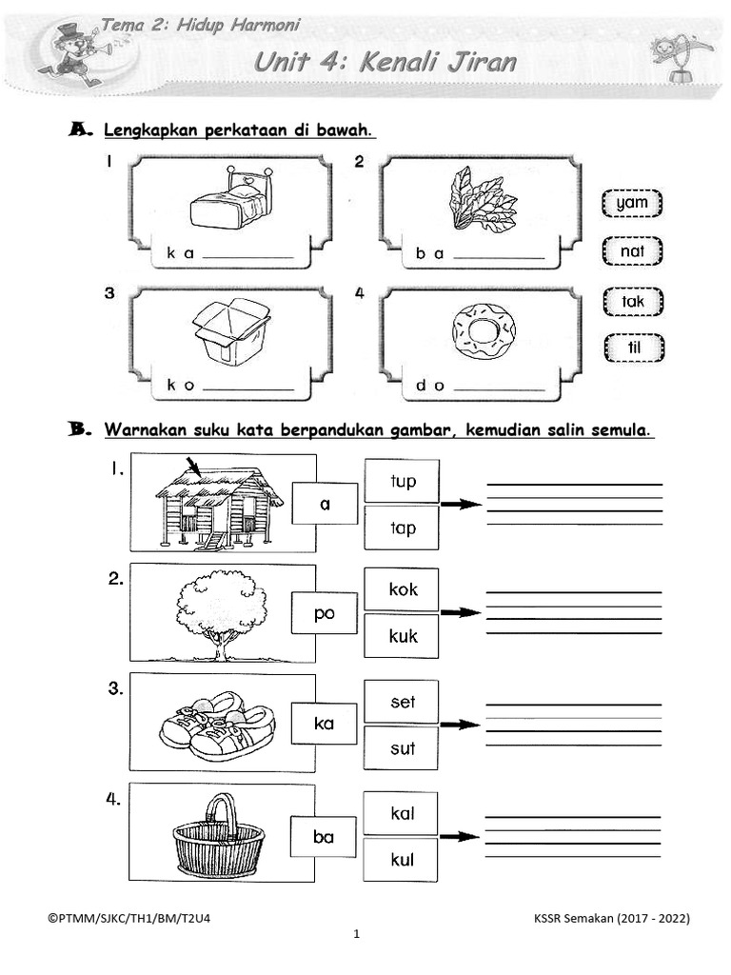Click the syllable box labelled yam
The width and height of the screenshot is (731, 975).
point(632,203)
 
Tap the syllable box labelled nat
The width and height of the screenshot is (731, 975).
point(632,251)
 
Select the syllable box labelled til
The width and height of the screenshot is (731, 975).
point(632,348)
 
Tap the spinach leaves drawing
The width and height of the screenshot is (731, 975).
point(482,198)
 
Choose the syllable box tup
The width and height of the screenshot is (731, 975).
point(402,481)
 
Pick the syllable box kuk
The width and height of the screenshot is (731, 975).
point(402,636)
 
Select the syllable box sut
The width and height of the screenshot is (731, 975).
point(402,748)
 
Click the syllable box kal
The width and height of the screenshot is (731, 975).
point(402,814)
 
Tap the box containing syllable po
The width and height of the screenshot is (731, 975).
point(324,613)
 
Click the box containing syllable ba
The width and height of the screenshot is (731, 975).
point(324,837)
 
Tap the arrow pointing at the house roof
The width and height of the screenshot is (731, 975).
point(195,468)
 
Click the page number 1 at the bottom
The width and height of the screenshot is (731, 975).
point(356,935)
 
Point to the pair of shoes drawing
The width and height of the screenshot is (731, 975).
point(217,726)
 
